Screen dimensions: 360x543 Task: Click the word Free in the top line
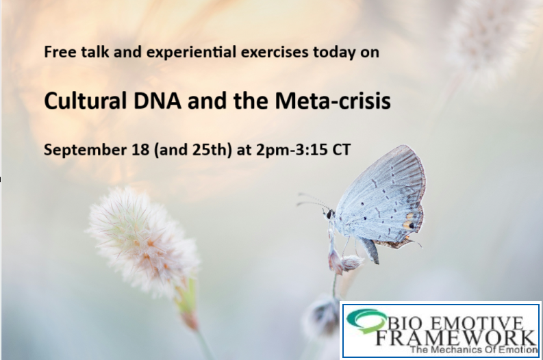[56, 52]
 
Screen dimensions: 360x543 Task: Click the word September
[77, 150]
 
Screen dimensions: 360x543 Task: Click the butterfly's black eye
[329, 214]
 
